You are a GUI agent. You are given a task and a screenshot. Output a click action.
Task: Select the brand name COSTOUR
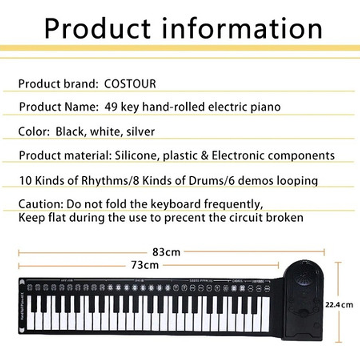(x=130, y=84)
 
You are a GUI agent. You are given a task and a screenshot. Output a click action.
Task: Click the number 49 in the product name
(x=110, y=107)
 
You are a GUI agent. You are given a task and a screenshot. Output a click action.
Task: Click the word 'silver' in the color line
(x=140, y=132)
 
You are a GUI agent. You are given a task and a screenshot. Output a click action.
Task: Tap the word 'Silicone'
(x=136, y=155)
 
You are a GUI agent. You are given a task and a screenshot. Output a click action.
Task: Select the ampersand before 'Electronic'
(x=205, y=155)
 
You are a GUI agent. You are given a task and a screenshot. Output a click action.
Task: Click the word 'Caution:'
(x=40, y=205)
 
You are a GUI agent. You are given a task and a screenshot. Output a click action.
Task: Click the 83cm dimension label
(x=166, y=252)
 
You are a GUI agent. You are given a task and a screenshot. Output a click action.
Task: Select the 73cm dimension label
(x=145, y=265)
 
